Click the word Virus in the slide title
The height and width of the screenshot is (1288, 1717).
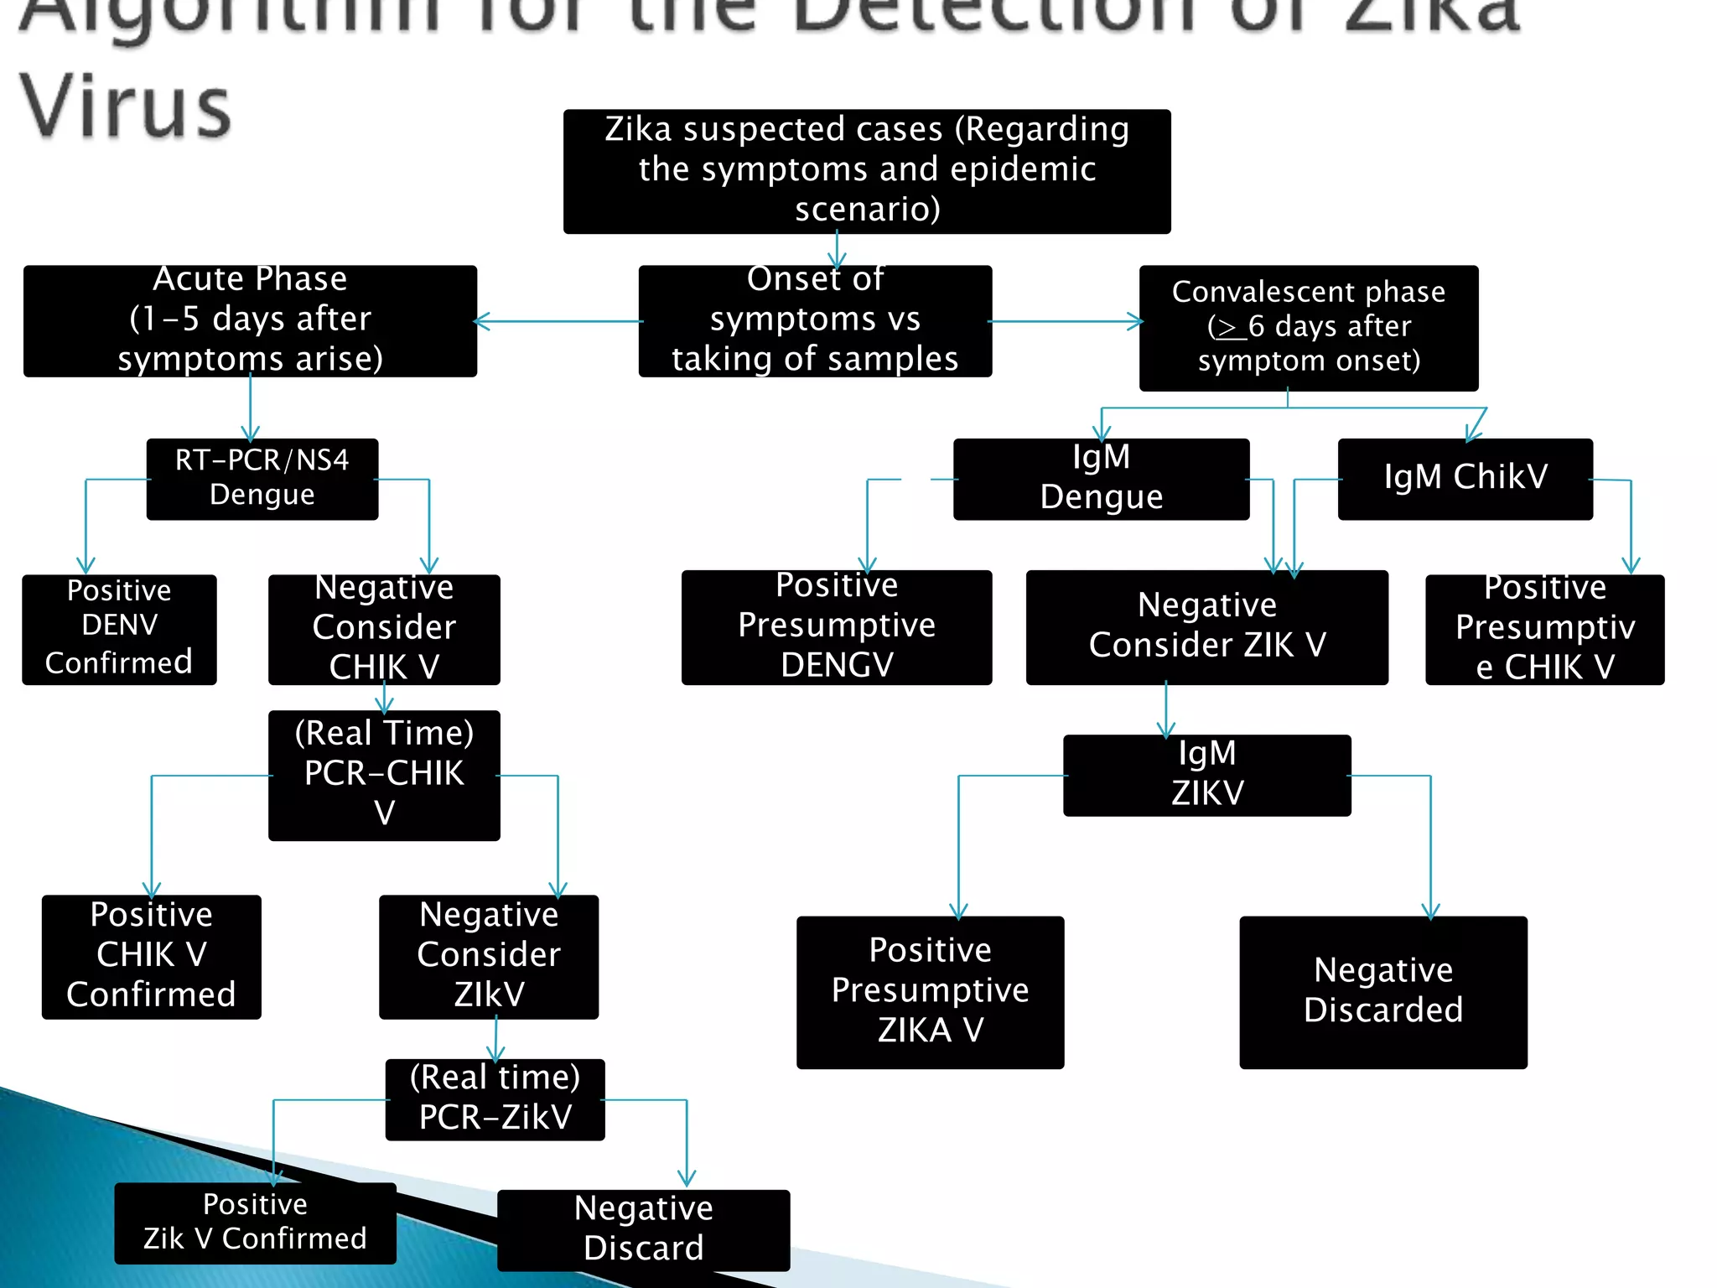[126, 107]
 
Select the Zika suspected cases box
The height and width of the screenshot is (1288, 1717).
[867, 171]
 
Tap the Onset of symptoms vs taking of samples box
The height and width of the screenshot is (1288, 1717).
[815, 321]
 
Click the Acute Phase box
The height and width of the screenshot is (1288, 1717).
[250, 321]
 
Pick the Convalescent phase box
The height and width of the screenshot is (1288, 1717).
[1308, 328]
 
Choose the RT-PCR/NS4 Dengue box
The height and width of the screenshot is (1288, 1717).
[262, 479]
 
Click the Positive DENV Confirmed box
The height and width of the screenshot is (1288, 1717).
[119, 629]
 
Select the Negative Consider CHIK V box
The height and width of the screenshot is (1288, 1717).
[384, 629]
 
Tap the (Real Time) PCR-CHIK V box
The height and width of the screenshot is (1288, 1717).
[384, 775]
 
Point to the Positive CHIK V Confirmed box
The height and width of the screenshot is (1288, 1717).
[151, 957]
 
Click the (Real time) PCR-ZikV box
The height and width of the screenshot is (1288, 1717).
[495, 1099]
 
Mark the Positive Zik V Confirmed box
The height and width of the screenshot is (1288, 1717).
[255, 1223]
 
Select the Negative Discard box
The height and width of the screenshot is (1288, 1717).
[643, 1229]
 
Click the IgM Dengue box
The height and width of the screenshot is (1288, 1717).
[1101, 479]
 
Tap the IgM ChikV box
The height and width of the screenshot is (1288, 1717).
[1465, 479]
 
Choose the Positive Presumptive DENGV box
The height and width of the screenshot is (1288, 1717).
[836, 627]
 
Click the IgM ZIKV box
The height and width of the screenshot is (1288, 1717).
[1206, 775]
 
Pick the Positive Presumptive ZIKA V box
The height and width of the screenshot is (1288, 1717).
[930, 992]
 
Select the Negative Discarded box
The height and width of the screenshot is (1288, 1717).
[1382, 992]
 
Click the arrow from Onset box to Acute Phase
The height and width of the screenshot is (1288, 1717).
[558, 321]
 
